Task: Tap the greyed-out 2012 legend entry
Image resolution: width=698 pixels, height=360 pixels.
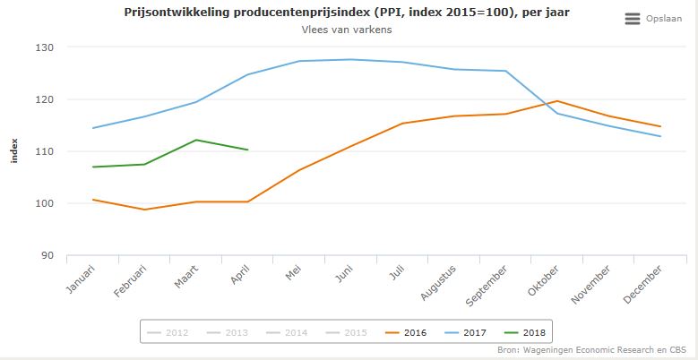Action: point(168,332)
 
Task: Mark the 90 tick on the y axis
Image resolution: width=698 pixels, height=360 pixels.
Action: point(72,255)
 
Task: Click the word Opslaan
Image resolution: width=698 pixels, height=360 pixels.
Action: point(664,19)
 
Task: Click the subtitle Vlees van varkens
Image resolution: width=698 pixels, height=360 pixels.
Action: point(349,30)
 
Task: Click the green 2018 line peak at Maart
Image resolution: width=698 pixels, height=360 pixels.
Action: point(196,140)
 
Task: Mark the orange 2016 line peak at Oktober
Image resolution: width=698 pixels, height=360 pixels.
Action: point(556,101)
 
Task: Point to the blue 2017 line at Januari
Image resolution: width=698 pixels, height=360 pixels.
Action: point(93,128)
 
